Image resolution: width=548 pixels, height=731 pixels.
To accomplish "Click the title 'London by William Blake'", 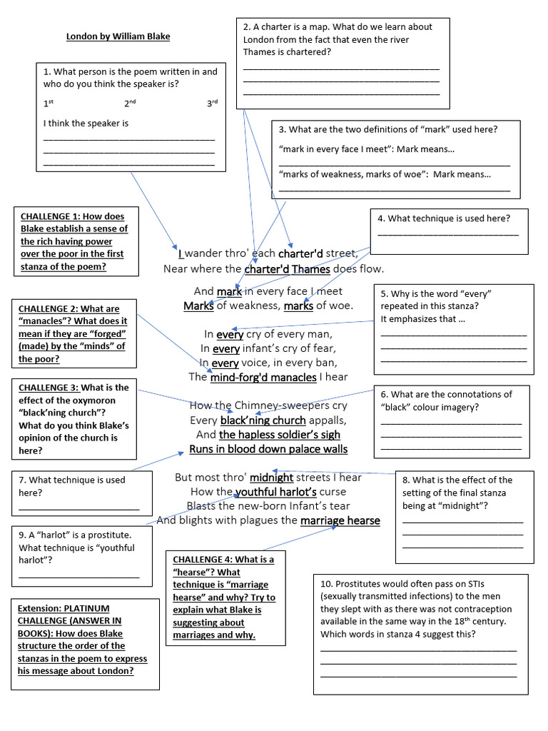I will click(x=118, y=36).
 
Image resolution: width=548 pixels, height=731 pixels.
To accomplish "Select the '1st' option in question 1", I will click(x=49, y=104).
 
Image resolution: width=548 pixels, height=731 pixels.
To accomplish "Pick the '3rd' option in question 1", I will click(x=212, y=104).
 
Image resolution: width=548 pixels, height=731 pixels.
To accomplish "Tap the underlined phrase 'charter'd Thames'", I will click(x=287, y=269).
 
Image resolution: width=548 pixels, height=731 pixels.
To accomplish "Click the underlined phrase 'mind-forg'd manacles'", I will click(x=263, y=377).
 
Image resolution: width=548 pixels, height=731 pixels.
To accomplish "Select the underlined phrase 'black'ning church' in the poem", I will click(x=263, y=420).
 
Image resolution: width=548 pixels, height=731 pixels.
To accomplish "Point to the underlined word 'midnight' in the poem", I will click(x=271, y=478).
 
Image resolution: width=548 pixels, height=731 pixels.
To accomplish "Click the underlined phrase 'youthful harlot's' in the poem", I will click(x=276, y=492).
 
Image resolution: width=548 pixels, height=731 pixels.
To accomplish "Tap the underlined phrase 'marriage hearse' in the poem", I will click(x=340, y=520).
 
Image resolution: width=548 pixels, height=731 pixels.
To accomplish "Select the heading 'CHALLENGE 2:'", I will click(x=51, y=309).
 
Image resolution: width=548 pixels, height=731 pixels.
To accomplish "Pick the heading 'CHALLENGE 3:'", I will click(x=51, y=388).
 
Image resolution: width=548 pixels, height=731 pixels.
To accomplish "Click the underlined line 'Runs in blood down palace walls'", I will click(x=268, y=449).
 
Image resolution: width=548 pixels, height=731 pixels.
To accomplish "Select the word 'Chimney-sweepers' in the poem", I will click(x=267, y=405).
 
